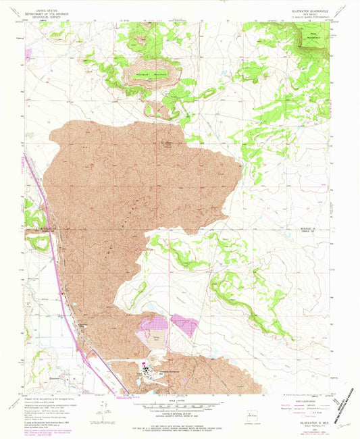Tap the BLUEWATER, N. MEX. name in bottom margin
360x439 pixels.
308,419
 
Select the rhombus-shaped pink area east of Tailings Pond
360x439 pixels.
184,325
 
